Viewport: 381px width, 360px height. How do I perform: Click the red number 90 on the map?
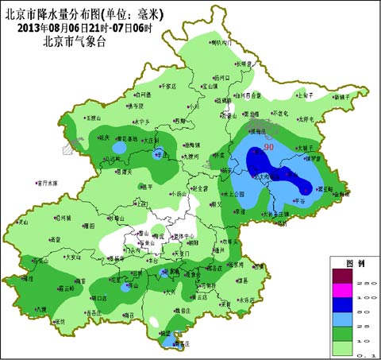point(269,148)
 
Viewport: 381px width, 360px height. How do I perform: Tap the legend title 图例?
point(354,262)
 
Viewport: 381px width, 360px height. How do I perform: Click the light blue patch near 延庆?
point(118,148)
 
